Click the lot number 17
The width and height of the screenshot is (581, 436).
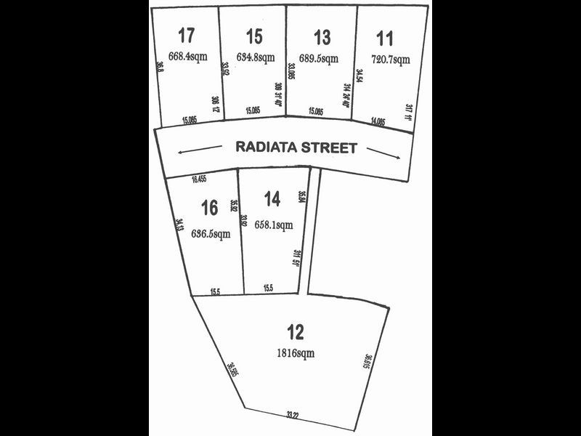pos(187,34)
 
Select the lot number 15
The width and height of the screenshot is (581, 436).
pos(254,35)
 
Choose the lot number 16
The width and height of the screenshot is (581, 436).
pos(210,209)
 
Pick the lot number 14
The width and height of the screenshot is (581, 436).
pos(272,198)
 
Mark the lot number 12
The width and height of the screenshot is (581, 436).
pos(296,333)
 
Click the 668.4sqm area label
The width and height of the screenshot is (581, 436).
pos(188,55)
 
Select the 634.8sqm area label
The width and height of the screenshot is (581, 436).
pos(256,57)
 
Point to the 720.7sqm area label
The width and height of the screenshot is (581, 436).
pos(391,60)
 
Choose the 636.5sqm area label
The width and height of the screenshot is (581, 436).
pos(211,233)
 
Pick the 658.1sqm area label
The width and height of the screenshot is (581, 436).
pos(273,225)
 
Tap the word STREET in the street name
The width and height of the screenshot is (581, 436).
pos(331,148)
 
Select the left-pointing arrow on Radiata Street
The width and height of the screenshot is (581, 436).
pos(199,150)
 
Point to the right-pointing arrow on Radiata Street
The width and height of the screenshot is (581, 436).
pos(383,151)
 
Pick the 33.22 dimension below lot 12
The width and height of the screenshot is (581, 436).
pos(293,415)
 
